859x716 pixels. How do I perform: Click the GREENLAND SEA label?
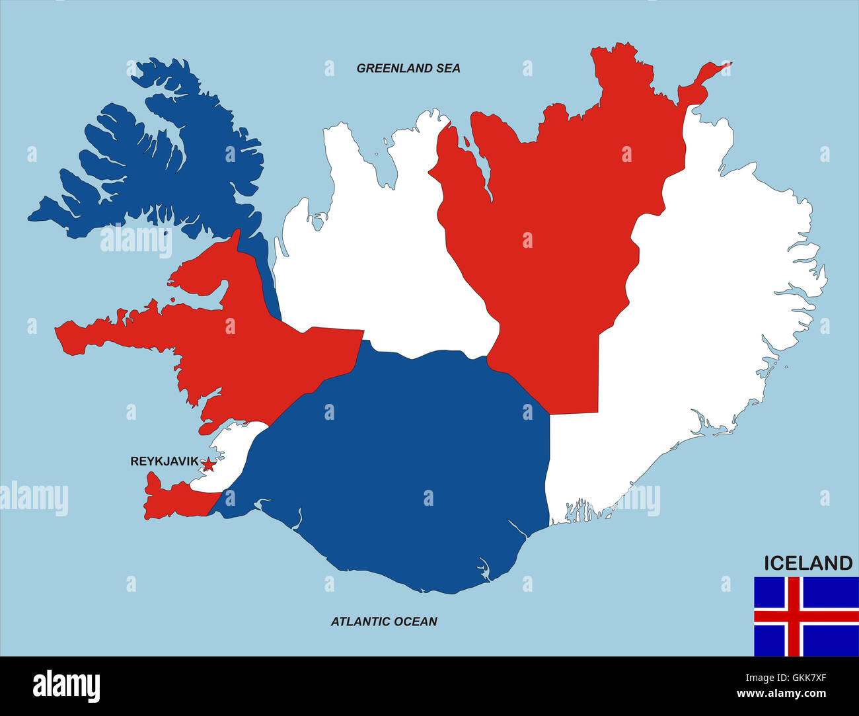tap(408, 68)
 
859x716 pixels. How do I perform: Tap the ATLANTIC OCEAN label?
tap(384, 621)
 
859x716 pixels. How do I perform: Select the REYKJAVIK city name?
tap(164, 461)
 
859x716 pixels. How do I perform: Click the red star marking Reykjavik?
tap(207, 464)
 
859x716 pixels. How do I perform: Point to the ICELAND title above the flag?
tap(808, 563)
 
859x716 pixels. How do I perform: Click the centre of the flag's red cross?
tap(793, 617)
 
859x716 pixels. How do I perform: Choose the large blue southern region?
tap(403, 463)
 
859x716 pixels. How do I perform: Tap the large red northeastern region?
tap(562, 218)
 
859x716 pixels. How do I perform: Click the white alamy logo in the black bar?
tap(66, 686)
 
